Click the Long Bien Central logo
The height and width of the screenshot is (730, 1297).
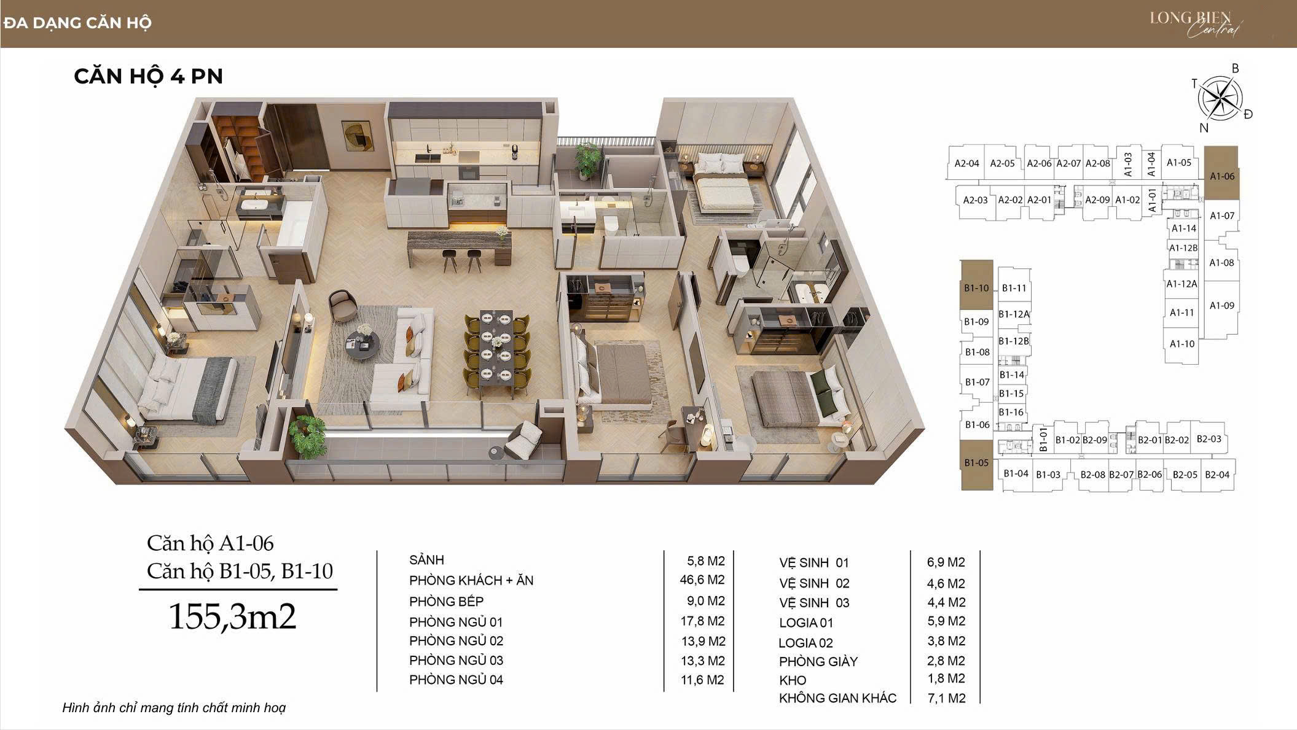[x=1195, y=23]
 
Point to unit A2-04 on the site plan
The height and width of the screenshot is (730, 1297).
[x=966, y=163]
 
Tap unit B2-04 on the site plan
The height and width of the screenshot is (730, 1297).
[x=1217, y=474]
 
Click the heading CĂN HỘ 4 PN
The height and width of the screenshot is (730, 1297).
[x=148, y=76]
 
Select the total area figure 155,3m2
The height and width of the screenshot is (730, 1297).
[x=232, y=616]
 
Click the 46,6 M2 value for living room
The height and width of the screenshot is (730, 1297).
[x=702, y=580]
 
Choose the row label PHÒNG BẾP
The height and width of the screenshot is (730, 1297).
[x=446, y=601]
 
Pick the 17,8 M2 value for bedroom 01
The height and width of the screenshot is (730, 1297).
[x=702, y=621]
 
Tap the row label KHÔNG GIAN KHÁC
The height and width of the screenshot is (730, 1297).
[x=837, y=698]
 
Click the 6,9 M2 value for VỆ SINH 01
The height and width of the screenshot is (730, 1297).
[x=946, y=562]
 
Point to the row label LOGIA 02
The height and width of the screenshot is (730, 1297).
[x=805, y=643]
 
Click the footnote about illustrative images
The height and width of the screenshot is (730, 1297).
[x=174, y=708]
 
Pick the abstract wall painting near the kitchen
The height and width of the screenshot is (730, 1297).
[x=356, y=136]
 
